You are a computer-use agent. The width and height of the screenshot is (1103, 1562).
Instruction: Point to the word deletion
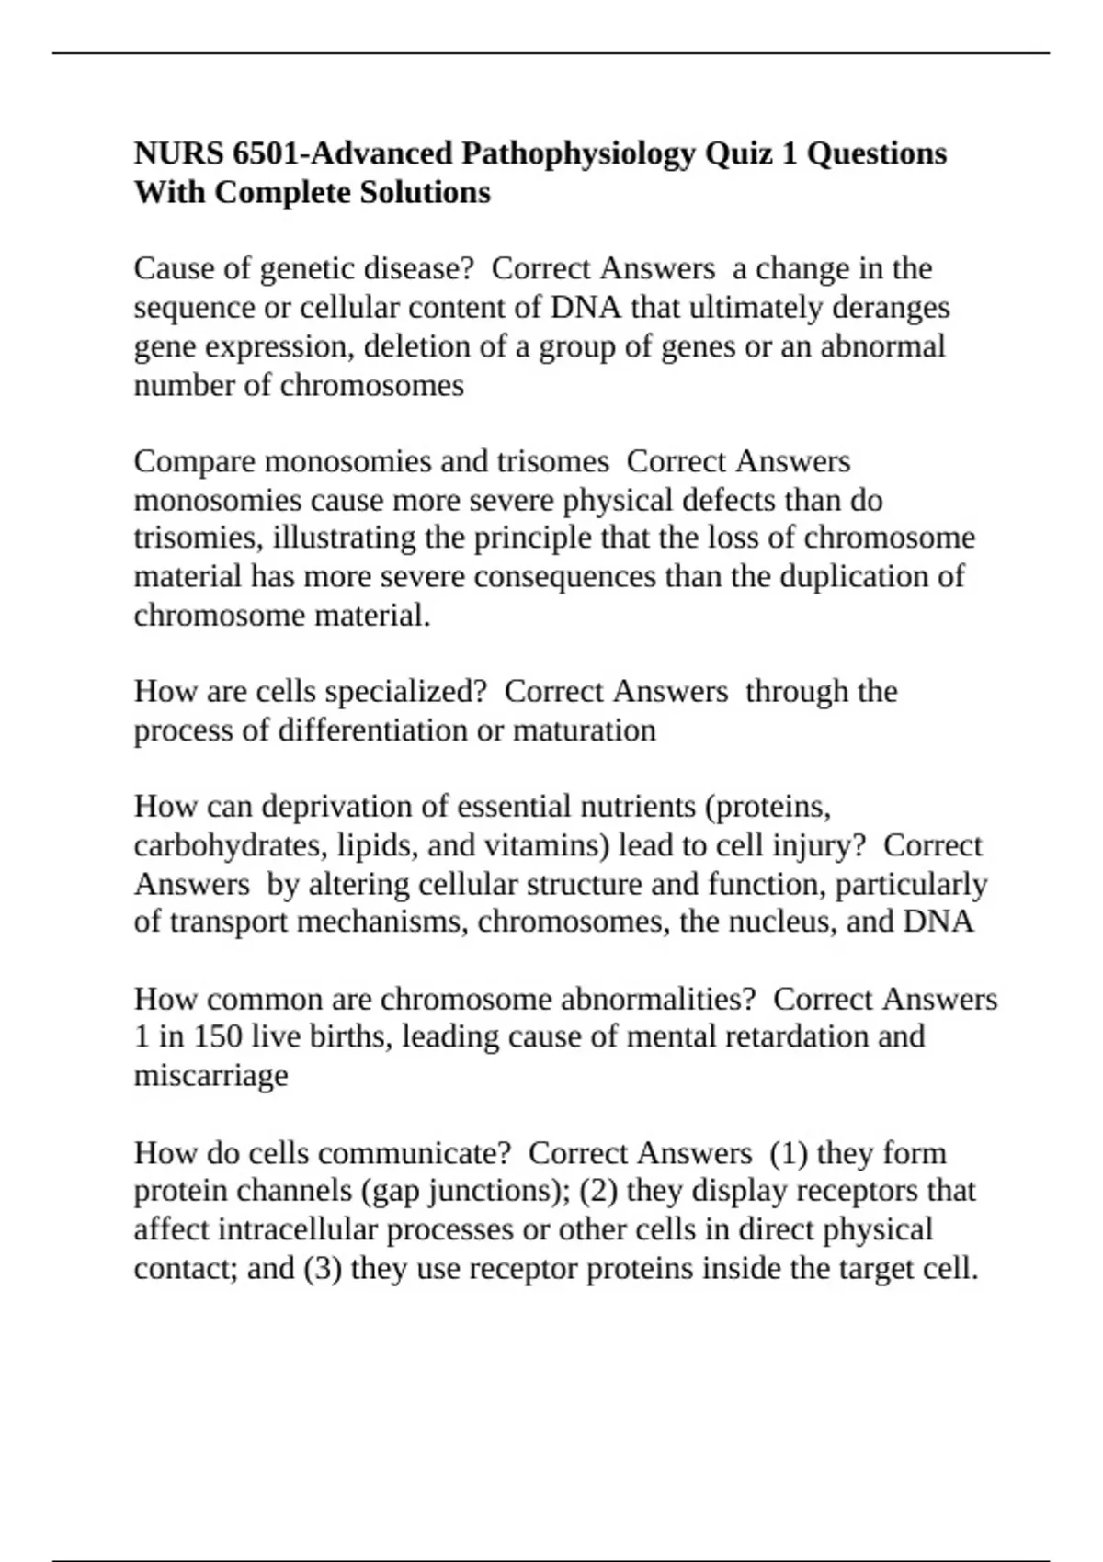(x=412, y=347)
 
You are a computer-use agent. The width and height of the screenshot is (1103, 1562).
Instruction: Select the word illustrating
(x=345, y=538)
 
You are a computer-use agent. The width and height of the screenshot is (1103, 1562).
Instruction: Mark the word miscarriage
(x=210, y=1076)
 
